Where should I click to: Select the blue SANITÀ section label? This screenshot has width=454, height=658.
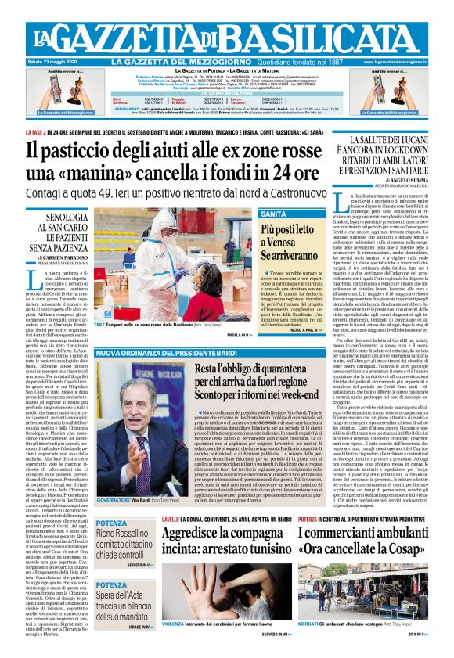[273, 214]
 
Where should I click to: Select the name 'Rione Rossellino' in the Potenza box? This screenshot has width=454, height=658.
[121, 534]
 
